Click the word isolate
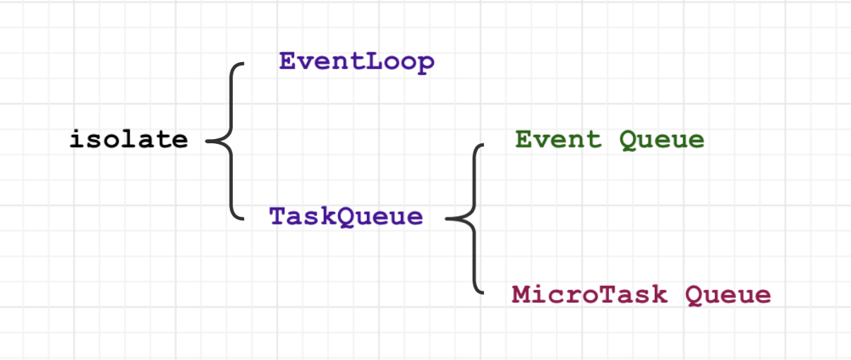pos(129,139)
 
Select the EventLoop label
pos(357,63)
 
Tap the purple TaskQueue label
pos(346,217)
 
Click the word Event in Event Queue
pos(558,139)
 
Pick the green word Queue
pos(662,140)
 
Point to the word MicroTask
pos(589,294)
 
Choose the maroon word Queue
pos(728,296)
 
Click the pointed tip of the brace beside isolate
pos(206,141)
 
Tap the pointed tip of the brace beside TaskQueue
pos(446,219)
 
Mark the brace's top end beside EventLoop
pos(243,64)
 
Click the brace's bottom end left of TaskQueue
pos(243,219)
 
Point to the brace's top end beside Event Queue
pos(483,145)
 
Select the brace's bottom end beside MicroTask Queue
pos(483,293)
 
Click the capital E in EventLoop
pos(288,61)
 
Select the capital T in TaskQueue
pos(278,216)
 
